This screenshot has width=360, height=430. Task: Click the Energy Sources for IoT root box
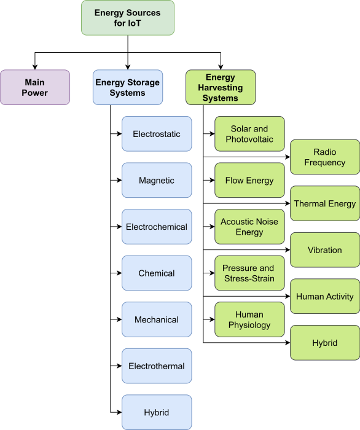[128, 17]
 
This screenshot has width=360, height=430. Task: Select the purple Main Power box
[35, 87]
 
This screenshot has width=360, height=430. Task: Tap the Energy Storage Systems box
[128, 87]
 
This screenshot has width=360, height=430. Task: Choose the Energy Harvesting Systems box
[221, 87]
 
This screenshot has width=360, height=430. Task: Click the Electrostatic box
[157, 134]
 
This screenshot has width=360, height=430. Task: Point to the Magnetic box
[157, 181]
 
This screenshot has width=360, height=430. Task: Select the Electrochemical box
[157, 227]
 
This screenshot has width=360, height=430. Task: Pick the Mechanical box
[157, 319]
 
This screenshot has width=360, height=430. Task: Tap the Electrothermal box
[157, 366]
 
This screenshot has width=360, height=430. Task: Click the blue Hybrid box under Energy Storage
[157, 412]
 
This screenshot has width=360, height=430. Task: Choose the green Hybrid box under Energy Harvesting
[325, 343]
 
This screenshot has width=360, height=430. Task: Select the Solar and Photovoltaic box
[249, 134]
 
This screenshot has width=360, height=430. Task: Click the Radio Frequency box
[325, 157]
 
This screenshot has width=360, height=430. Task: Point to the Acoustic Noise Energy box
[249, 227]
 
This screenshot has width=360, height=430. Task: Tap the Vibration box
[325, 250]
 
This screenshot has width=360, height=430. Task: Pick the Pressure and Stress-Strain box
[249, 273]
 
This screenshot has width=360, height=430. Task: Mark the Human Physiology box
[249, 319]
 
